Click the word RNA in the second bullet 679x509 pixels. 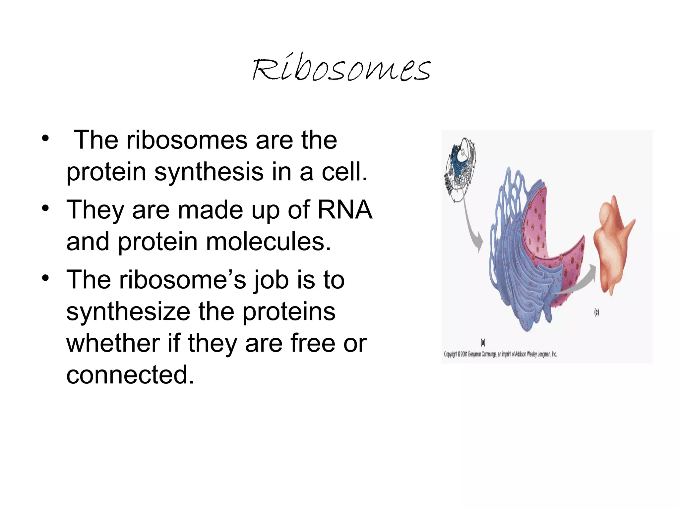pyautogui.click(x=345, y=210)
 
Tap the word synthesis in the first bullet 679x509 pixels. pyautogui.click(x=209, y=172)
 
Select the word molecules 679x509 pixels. pyautogui.click(x=269, y=242)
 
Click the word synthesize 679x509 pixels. pyautogui.click(x=128, y=312)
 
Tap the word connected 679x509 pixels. pyautogui.click(x=130, y=374)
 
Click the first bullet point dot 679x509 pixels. pyautogui.click(x=45, y=139)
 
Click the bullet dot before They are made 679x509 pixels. pyautogui.click(x=45, y=208)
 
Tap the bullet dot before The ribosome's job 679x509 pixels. pyautogui.click(x=45, y=278)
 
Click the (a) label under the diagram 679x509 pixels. pyautogui.click(x=483, y=342)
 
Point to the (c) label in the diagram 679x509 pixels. pyautogui.click(x=596, y=312)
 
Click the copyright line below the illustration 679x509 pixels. pyautogui.click(x=500, y=354)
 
